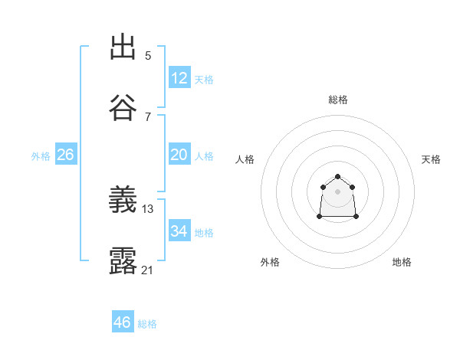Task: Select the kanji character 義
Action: click(x=123, y=201)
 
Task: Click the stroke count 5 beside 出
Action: click(x=148, y=56)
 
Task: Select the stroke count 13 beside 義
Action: click(x=148, y=208)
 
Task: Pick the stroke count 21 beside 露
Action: click(x=148, y=270)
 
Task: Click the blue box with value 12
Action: click(x=179, y=78)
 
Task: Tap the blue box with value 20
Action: click(x=179, y=155)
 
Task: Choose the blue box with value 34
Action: click(x=179, y=231)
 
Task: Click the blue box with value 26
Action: click(x=65, y=155)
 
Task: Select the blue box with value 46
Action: click(x=123, y=322)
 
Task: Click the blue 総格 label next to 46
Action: click(x=147, y=324)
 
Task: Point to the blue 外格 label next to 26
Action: click(x=41, y=156)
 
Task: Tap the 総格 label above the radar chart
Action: click(x=338, y=100)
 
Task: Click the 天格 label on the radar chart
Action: click(x=431, y=159)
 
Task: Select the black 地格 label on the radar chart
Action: click(x=402, y=262)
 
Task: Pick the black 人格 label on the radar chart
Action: click(x=245, y=159)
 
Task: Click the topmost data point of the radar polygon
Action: click(x=337, y=177)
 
